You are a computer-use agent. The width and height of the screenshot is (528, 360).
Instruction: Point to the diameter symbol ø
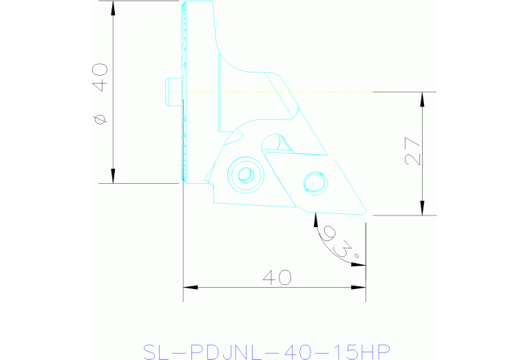coord(101,119)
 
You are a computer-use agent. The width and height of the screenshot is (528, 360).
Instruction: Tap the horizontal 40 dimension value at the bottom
coord(277,277)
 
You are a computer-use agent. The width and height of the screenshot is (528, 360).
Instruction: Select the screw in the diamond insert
coord(315,182)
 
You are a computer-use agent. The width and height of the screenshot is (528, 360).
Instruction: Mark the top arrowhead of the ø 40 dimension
coord(113,7)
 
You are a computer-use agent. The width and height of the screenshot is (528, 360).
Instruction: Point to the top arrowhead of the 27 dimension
coord(423,98)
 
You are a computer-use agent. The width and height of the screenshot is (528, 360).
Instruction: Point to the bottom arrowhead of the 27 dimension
coord(423,209)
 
